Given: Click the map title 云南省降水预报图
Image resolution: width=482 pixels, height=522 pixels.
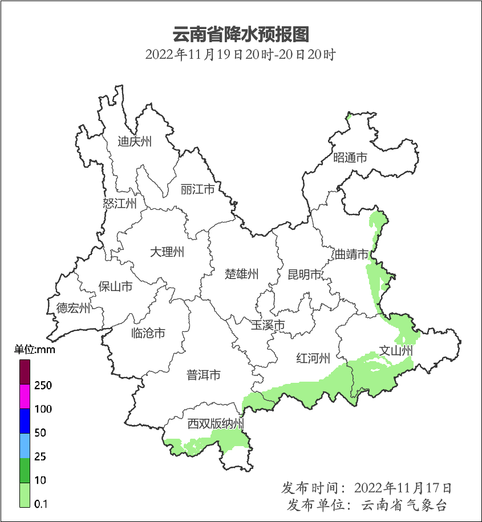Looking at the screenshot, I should [x=240, y=34].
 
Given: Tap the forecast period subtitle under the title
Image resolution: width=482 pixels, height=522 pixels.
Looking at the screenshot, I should [x=240, y=55].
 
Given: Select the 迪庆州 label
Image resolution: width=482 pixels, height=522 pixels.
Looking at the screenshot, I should [x=135, y=141].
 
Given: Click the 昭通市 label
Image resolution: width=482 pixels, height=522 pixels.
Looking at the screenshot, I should [x=350, y=158].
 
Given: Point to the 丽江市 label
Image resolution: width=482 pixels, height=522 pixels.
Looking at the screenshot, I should [x=197, y=189].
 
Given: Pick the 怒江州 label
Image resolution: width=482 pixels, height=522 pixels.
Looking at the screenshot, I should [x=120, y=203].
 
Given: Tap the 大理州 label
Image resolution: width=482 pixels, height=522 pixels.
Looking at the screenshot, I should [x=167, y=252].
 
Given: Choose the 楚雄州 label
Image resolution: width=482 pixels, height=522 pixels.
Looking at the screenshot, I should [x=241, y=274].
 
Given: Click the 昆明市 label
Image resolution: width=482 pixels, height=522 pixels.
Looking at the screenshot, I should [x=305, y=275].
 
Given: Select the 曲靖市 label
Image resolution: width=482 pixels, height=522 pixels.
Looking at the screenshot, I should [x=351, y=254].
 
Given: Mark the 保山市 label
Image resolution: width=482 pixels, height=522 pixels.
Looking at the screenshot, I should [x=115, y=286].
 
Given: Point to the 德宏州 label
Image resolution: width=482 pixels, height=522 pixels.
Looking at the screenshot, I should [x=73, y=309].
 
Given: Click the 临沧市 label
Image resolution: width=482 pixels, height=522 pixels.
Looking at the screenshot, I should [x=148, y=333].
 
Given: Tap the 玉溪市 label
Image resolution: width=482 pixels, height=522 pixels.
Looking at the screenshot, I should [x=268, y=325].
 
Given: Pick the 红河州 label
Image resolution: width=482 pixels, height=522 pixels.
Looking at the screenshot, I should [x=313, y=358].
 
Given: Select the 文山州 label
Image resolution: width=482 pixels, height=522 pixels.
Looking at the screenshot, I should [x=396, y=350].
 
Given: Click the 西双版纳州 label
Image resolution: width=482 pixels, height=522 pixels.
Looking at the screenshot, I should [x=216, y=424].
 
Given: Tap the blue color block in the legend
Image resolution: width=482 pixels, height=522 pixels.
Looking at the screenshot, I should [x=25, y=420].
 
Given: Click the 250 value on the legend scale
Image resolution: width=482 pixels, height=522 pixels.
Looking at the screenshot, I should [x=43, y=386].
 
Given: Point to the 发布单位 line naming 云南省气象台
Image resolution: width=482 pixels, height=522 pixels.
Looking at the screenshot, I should [x=366, y=505].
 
